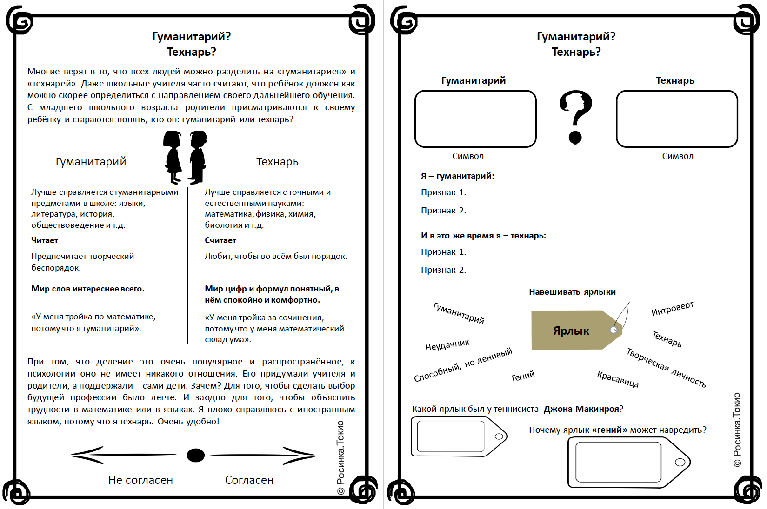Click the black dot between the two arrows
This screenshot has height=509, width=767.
coord(195,455)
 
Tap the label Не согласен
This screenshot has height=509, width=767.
coord(140,480)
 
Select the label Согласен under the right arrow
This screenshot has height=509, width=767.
coord(249,480)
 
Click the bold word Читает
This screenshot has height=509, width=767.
coord(45,240)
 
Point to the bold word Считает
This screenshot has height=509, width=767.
coord(220,240)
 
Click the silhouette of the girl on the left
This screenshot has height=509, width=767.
coord(173,157)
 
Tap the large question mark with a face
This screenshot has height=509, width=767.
coord(576,116)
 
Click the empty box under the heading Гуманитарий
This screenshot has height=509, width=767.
coord(475,119)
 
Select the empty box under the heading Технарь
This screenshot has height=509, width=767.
coord(677,119)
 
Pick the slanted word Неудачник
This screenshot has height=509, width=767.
coord(447,345)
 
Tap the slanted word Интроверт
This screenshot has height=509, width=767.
coord(672,308)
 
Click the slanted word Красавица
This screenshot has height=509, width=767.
coord(618,379)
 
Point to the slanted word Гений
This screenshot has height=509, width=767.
coord(523,376)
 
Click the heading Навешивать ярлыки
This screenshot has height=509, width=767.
coord(572,292)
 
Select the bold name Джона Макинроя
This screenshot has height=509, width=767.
coord(581,409)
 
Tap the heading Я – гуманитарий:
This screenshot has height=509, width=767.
coord(457,176)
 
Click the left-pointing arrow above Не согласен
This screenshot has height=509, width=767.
coord(123,455)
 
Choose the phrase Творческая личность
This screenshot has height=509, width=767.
coord(666,367)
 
